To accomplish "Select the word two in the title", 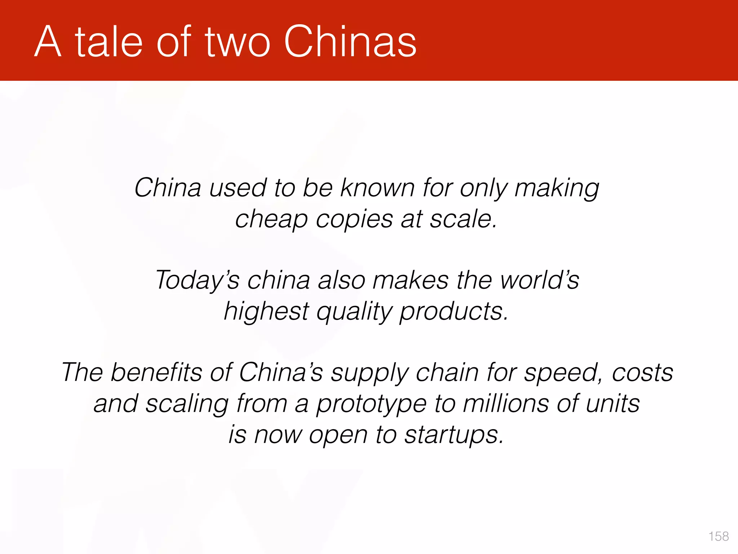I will (x=237, y=43).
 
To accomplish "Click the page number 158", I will (x=719, y=536).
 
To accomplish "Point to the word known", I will (x=378, y=188).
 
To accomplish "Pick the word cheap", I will (x=271, y=219).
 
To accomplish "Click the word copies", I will (x=354, y=219).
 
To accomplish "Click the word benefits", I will (x=156, y=372).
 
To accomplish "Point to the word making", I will (x=557, y=189).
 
